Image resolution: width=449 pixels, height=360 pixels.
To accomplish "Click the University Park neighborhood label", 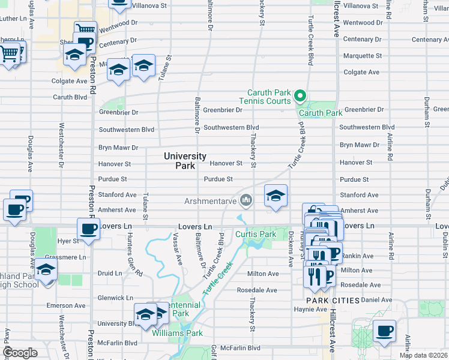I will coord(185,161).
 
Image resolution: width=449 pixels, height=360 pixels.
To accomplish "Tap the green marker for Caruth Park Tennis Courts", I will coord(300,96).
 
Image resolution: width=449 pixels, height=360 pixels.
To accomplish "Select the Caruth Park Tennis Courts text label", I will coord(269,97).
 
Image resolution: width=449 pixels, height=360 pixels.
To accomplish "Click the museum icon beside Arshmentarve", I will coord(245,200).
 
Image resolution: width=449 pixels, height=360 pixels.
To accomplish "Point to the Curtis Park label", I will coord(255,234).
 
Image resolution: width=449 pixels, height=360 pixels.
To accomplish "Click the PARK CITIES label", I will coord(333,300).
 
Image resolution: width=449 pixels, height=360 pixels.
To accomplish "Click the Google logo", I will coord(20,353).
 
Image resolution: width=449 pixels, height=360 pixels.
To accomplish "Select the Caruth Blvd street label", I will coord(70,97).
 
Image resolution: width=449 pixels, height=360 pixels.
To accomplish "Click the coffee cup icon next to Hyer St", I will coord(88,229).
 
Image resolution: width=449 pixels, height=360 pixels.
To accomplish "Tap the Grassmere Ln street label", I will coord(66,257).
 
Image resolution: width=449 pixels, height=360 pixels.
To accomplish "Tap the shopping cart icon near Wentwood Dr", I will coord(85,29).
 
